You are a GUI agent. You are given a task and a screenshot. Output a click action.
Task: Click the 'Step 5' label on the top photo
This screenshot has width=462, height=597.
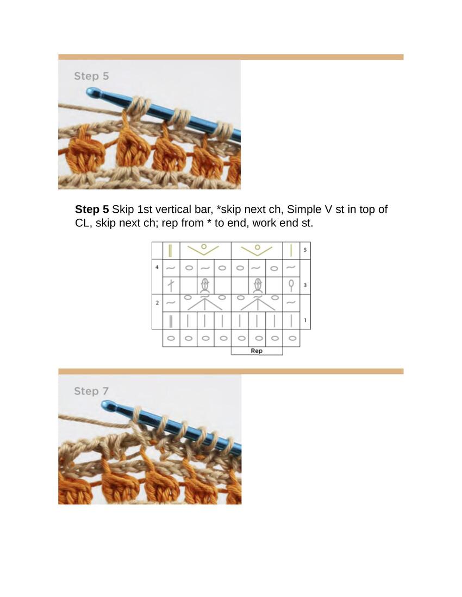[x=91, y=76]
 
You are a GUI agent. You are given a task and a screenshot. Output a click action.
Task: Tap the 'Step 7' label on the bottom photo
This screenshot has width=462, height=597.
[x=91, y=391]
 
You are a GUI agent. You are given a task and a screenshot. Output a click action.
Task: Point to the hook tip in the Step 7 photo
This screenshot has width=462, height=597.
[x=104, y=404]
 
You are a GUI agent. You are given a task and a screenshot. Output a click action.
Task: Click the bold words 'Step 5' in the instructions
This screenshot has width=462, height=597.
[x=92, y=209]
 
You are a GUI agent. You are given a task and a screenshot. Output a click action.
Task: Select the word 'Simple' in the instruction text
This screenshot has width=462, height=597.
[x=304, y=209]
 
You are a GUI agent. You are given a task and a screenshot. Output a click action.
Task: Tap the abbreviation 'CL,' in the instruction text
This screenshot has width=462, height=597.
[x=84, y=223]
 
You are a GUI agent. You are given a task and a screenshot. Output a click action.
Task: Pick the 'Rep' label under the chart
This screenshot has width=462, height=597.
[x=257, y=351]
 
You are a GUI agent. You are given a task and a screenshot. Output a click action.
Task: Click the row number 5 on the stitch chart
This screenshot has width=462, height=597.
[x=305, y=250]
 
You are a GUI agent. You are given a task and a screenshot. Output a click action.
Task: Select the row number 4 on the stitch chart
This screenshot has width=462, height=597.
[x=157, y=267]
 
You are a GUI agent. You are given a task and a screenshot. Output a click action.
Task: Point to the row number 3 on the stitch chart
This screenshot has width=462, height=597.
[x=305, y=285]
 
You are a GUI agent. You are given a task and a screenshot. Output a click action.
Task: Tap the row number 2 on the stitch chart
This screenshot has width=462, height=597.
[x=157, y=303]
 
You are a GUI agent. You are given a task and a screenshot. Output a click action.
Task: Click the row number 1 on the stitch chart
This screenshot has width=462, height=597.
[x=305, y=320]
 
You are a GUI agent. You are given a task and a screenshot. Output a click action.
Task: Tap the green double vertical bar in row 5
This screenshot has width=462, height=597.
[x=170, y=250]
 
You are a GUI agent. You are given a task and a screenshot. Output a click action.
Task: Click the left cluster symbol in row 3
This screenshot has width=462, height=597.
[x=205, y=285]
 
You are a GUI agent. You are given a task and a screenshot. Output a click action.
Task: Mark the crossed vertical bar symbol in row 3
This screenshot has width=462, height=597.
[x=171, y=285]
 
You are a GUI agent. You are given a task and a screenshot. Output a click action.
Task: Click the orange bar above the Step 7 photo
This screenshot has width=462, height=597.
[x=230, y=371]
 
